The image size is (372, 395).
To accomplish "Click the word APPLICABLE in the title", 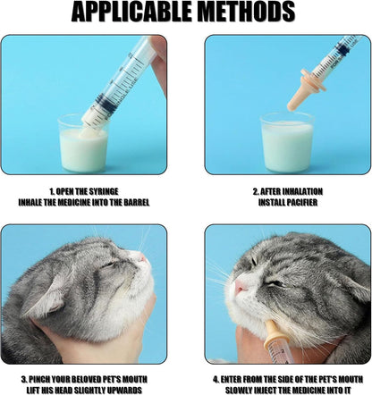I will (x=125, y=13).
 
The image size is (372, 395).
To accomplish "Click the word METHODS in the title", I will (x=241, y=13).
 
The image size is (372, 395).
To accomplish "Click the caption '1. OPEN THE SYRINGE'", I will (x=84, y=191).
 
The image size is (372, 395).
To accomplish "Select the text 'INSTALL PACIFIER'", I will (x=288, y=203).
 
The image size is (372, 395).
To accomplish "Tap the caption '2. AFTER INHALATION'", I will (x=288, y=191).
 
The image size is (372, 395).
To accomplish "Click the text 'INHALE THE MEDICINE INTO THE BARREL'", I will (x=84, y=203).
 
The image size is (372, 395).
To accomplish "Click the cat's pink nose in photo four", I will (x=241, y=286).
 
